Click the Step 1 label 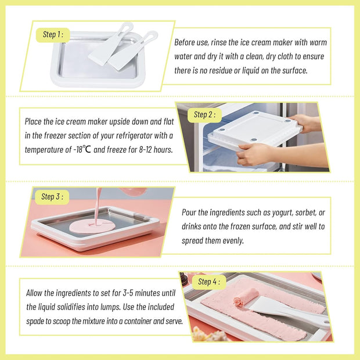[x=53, y=34]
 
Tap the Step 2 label [x=204, y=114]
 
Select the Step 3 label [x=51, y=197]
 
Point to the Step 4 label [x=208, y=282]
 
